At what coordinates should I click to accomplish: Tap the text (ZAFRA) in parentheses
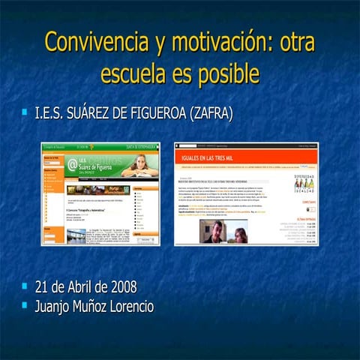[212, 115]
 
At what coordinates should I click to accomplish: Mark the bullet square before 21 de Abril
[26, 286]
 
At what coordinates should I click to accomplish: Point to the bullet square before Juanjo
[26, 305]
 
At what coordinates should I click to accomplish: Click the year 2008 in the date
[121, 287]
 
